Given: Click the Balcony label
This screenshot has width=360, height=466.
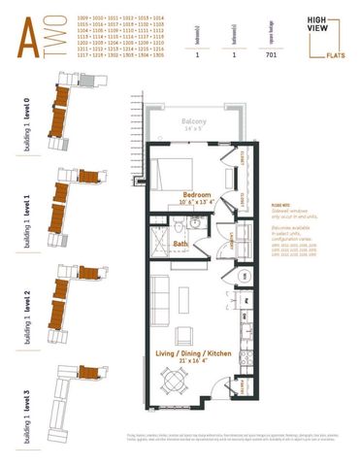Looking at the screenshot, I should [x=192, y=121].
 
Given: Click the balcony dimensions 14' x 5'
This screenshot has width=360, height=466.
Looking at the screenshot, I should [x=192, y=129].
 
